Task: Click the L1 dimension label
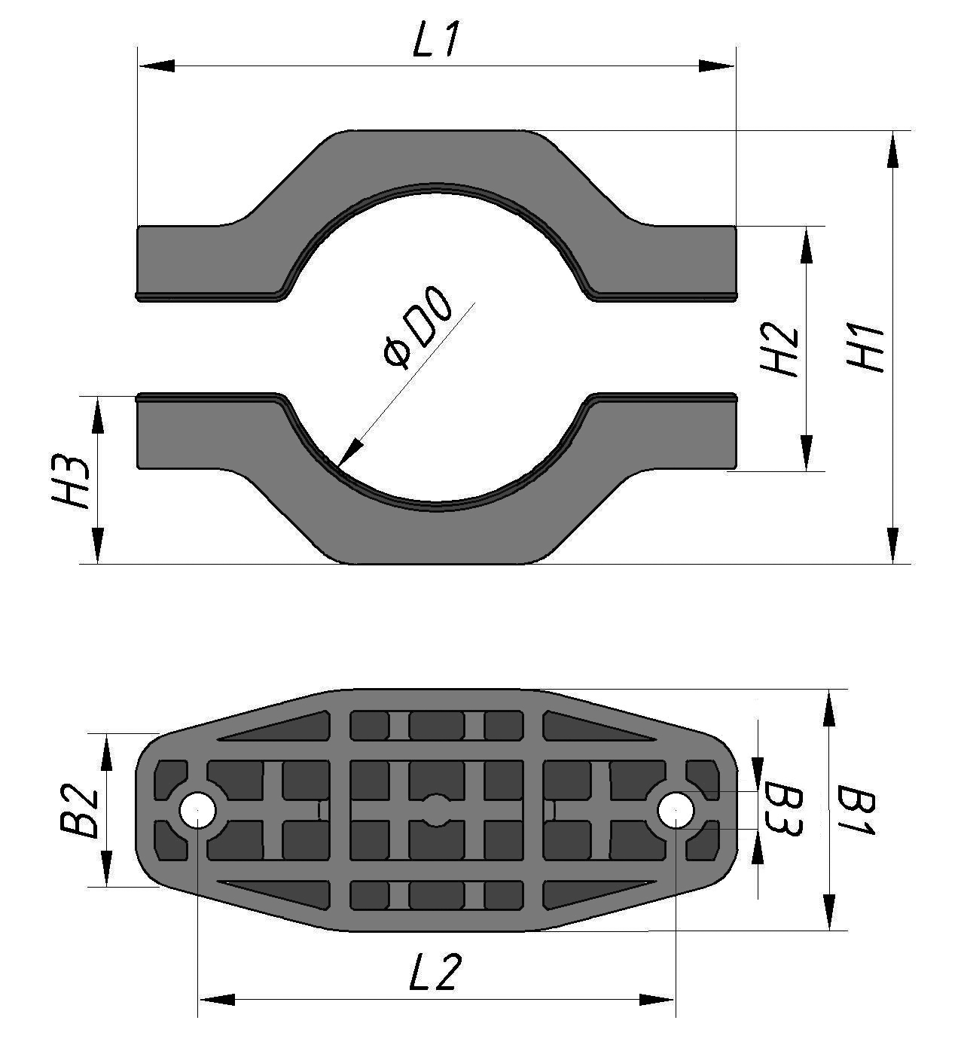click(x=436, y=42)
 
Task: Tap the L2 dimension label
click(x=434, y=973)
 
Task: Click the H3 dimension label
click(x=73, y=481)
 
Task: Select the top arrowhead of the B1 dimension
click(x=829, y=708)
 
